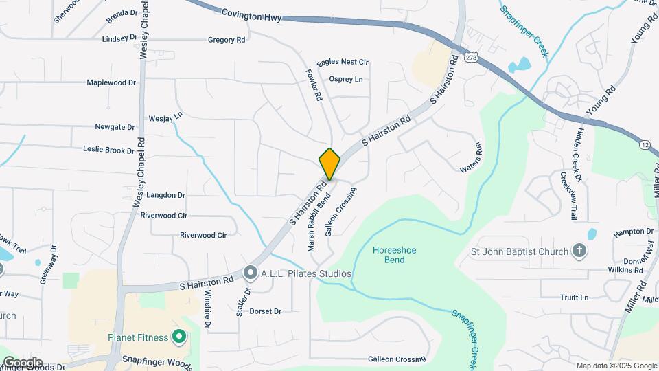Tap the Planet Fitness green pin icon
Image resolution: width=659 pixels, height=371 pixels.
point(180,337)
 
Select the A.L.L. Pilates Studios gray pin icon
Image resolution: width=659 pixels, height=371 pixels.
point(251,273)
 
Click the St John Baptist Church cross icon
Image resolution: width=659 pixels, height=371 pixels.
point(579,251)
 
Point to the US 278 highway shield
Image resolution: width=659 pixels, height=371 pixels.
point(470,58)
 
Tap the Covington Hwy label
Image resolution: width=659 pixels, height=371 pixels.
point(251,15)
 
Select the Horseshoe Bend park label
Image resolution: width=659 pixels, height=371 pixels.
point(394,256)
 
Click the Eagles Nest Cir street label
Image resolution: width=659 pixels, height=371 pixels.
point(343,63)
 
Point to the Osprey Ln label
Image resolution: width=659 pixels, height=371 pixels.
point(346,80)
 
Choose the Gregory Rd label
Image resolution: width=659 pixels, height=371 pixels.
point(227,41)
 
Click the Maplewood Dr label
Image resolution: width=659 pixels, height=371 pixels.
point(111,82)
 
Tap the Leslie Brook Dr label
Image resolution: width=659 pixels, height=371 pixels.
point(108,150)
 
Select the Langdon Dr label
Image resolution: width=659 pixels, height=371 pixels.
point(166,195)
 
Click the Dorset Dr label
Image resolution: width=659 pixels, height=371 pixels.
point(266,311)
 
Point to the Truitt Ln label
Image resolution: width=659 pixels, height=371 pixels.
point(575,297)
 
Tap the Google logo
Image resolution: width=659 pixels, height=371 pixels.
point(23,362)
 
